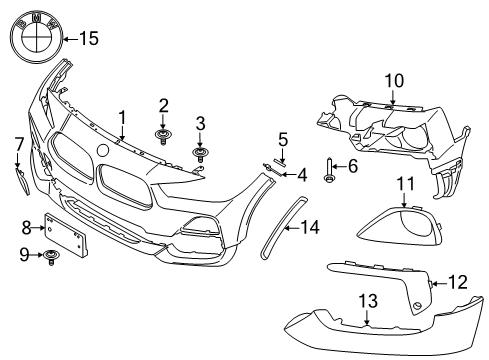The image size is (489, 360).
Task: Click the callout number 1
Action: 123,117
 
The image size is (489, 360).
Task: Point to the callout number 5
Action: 283,139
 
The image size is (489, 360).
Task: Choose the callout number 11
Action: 404,182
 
